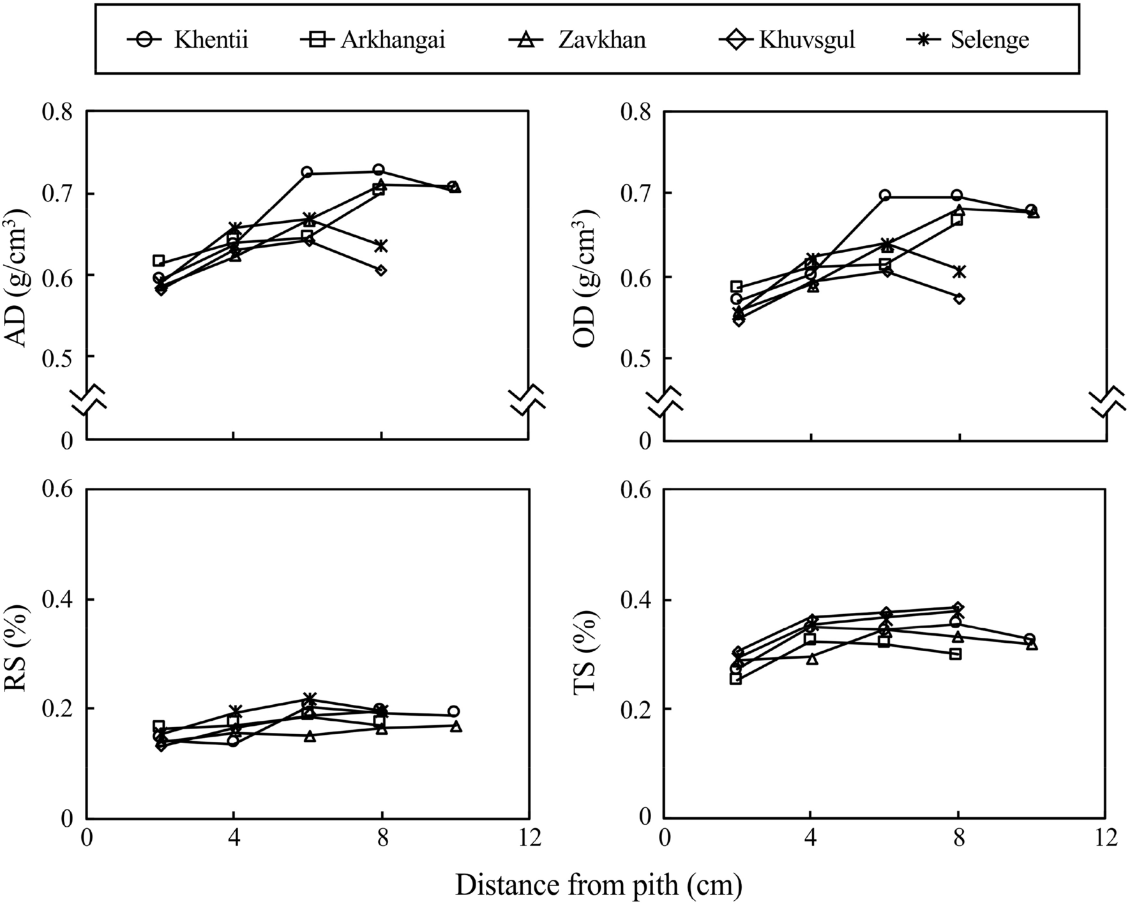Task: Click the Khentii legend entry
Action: pos(188,40)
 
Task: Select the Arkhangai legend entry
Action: pos(372,40)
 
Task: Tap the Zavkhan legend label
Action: pos(576,40)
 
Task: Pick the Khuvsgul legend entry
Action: pos(786,40)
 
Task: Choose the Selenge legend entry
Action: pos(968,40)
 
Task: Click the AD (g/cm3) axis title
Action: pos(20,276)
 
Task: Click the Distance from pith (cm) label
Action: pos(599,885)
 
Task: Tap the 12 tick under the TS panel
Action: pos(1106,837)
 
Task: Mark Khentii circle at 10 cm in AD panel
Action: pos(453,186)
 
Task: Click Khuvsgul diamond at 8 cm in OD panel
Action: pos(959,298)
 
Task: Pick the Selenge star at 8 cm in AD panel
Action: pos(381,246)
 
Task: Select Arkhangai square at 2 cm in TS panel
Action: pos(736,679)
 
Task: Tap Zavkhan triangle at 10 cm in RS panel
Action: pos(455,726)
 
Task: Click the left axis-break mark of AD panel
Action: pos(87,400)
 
